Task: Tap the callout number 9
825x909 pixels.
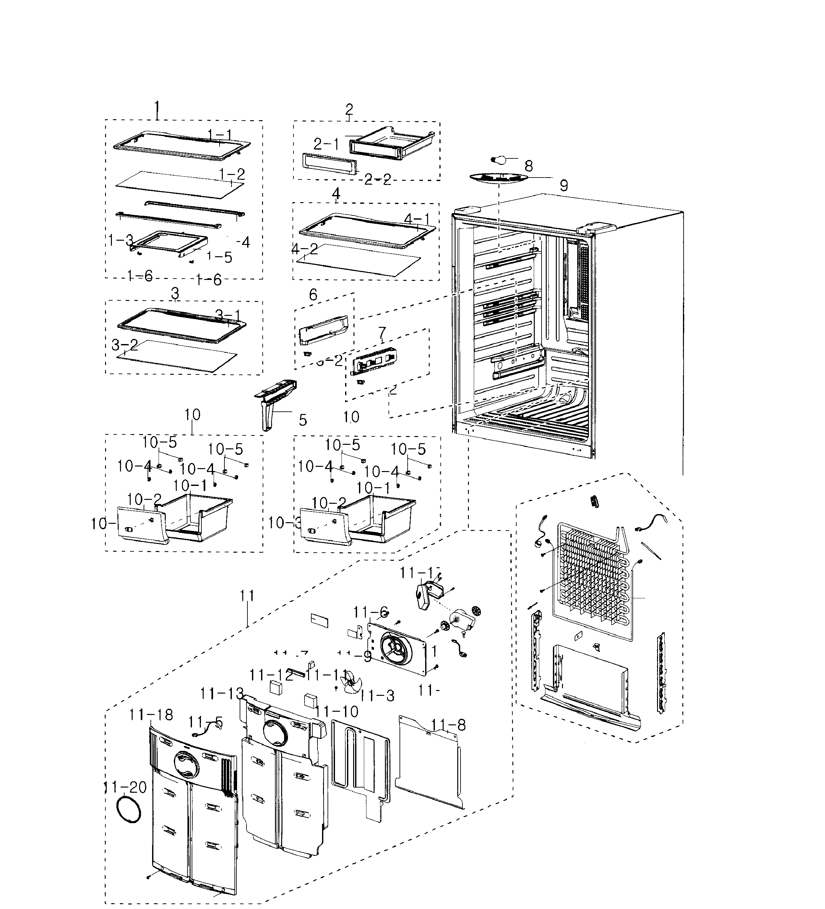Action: (x=564, y=185)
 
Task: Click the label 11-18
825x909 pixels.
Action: (x=151, y=715)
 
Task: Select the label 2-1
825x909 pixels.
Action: (x=326, y=144)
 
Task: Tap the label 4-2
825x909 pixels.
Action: (x=305, y=248)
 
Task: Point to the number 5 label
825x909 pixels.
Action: (x=303, y=420)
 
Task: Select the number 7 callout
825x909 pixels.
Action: (x=382, y=333)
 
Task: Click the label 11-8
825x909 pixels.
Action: (x=448, y=725)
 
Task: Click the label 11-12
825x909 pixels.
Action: (x=271, y=675)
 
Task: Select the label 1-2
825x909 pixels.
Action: (x=232, y=174)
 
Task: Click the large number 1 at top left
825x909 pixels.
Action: (x=157, y=109)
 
